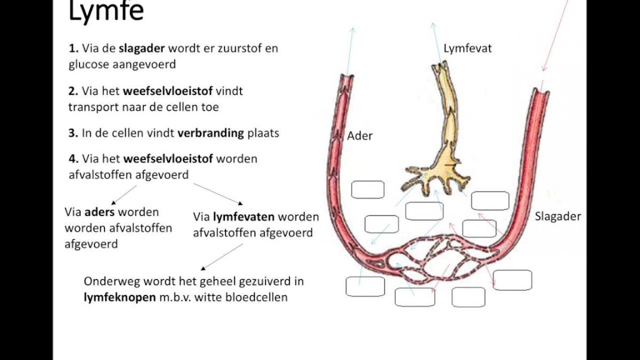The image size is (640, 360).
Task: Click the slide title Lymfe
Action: pos(106,12)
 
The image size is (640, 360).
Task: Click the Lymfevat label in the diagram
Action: pos(468,49)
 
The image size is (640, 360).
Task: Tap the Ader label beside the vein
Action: pos(360,136)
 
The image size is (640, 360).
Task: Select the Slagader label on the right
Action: pos(558,217)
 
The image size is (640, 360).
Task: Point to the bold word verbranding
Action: pos(211,133)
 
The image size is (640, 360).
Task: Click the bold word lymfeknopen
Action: pos(119,298)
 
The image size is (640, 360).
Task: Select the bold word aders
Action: pos(100,212)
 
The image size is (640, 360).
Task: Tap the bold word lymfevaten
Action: pos(244,217)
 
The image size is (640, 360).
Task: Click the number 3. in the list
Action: pos(74,133)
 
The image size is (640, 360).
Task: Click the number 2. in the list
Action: pos(74,91)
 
